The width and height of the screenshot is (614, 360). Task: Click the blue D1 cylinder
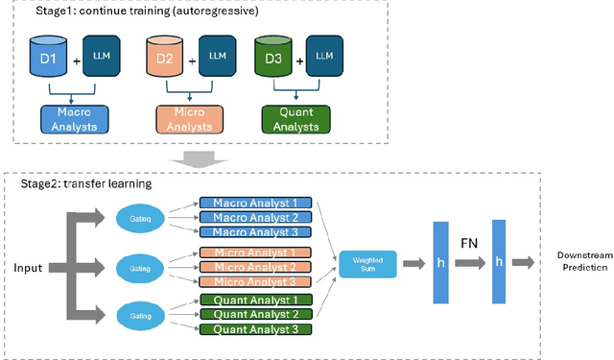[48, 59]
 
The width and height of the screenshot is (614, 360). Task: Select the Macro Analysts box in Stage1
[76, 119]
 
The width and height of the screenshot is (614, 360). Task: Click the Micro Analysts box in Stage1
[189, 119]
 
